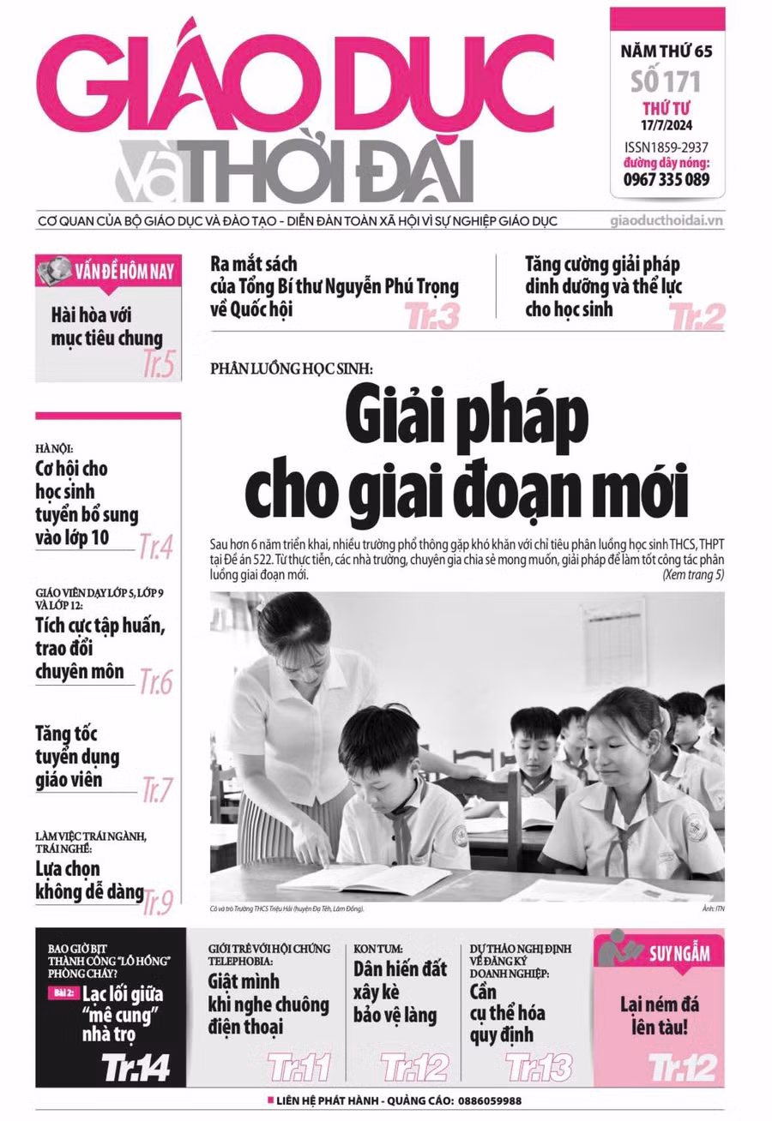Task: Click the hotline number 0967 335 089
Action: point(666,179)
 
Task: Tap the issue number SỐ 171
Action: point(666,82)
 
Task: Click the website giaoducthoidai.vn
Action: point(667,220)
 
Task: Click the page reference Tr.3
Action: point(432,317)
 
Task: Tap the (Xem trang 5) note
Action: point(692,575)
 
